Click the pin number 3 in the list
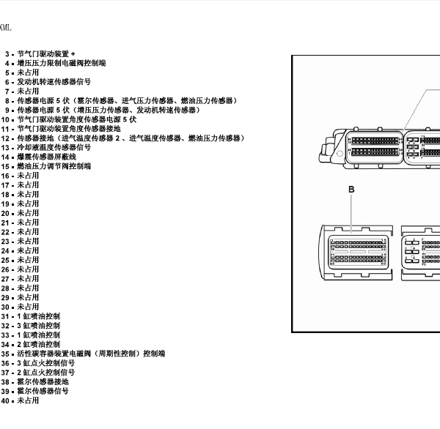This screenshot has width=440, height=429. coord(8,53)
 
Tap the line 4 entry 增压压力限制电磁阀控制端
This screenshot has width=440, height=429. coord(61,63)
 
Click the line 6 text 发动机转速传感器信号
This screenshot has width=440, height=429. coord(54,82)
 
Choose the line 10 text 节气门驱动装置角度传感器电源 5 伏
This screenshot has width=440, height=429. coord(76,119)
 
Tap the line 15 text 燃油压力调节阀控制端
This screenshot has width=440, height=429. coord(54,166)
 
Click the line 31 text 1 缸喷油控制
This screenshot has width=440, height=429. coord(41,316)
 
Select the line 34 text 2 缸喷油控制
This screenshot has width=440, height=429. coord(41,344)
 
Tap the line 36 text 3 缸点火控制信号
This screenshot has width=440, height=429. coord(48,363)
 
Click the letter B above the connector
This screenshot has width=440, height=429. coord(351,190)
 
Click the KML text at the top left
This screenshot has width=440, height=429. coord(5,28)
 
